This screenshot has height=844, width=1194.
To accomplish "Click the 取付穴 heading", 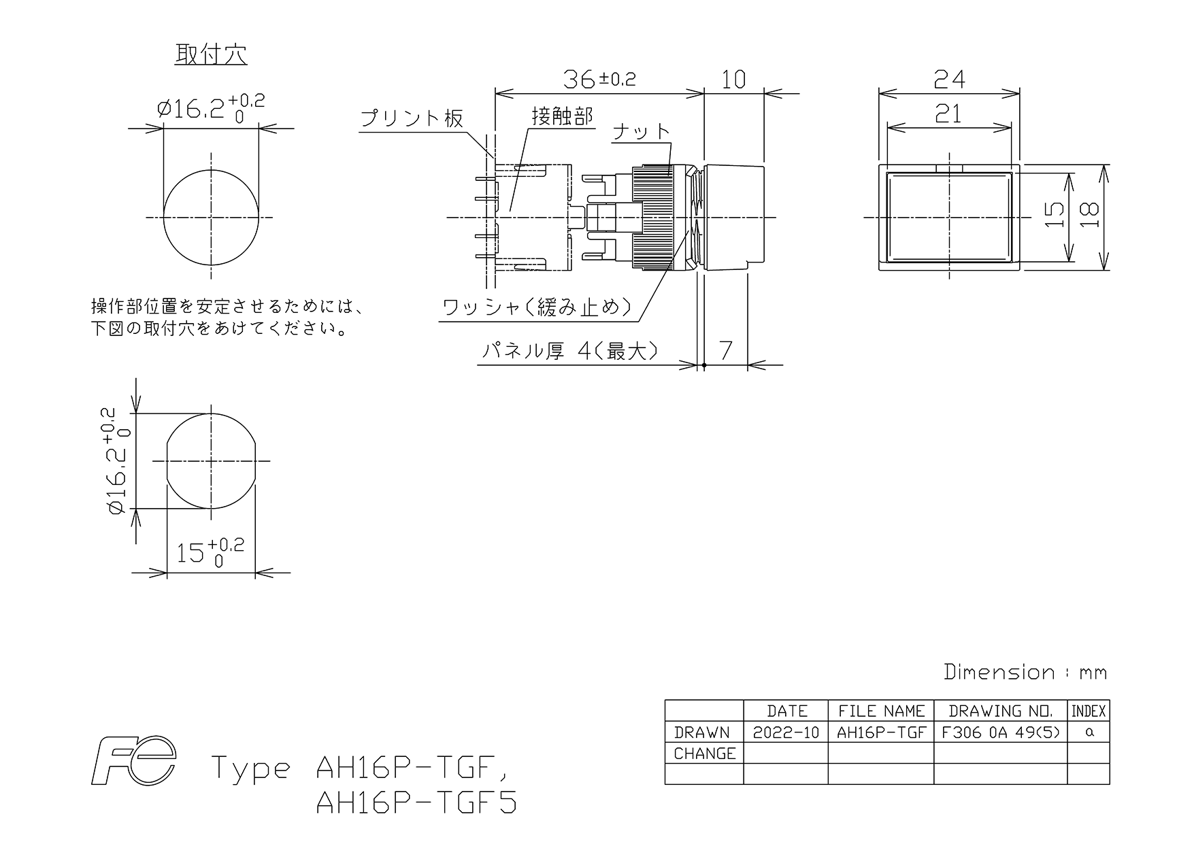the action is click(x=211, y=54).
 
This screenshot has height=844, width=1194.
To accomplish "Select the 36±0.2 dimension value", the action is click(x=599, y=80).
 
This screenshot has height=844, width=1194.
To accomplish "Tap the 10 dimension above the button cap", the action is click(x=733, y=80).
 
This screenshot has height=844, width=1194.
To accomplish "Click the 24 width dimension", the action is click(x=949, y=80).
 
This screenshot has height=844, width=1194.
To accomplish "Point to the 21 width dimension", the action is click(x=948, y=114).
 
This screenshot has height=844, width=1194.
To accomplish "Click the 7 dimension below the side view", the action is click(x=726, y=350).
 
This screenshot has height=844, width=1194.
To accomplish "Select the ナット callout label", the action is click(x=642, y=131).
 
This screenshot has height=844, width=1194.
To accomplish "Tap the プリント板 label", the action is click(x=412, y=118).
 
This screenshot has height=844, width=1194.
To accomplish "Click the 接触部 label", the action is click(x=563, y=116).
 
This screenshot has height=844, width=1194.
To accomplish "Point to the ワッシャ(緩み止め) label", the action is click(x=537, y=308).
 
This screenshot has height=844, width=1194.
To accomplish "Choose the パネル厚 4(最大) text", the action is click(x=570, y=351).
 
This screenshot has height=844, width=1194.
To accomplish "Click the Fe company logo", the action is click(x=134, y=760).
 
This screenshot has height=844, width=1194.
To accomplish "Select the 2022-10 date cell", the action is click(x=786, y=732).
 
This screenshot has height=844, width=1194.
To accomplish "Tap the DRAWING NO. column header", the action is click(x=1001, y=711).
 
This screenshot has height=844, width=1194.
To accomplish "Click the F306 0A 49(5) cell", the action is click(x=1001, y=732).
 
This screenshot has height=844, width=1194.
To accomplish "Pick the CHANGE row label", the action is click(x=705, y=754).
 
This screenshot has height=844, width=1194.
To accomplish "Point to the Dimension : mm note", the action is click(x=1026, y=672).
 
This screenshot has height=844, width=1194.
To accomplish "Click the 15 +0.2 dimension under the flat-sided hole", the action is click(x=210, y=552).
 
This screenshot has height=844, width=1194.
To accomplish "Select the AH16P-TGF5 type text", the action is click(x=416, y=803).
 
